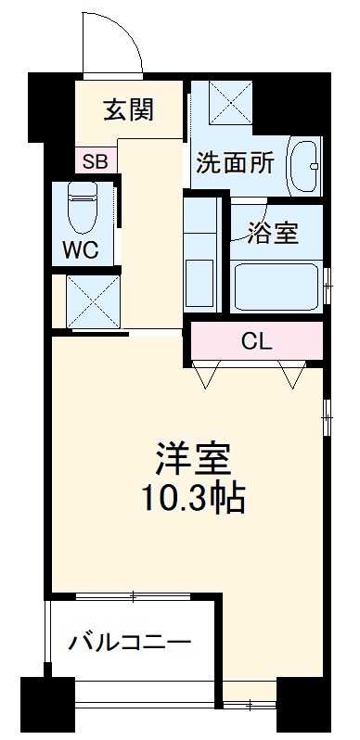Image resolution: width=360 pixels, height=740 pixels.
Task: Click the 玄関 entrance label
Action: click(x=128, y=111)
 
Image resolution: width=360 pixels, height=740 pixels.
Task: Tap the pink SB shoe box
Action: click(x=95, y=160)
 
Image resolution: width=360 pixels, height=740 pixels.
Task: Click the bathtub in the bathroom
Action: click(x=276, y=287)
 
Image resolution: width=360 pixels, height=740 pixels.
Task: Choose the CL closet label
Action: click(x=256, y=340)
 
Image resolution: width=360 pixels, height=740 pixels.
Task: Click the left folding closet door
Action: click(x=206, y=375)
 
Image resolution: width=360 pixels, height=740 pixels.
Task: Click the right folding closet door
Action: click(x=294, y=375)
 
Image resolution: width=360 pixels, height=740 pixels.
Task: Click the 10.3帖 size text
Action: click(x=192, y=500)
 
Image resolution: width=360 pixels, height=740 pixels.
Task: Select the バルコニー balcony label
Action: click(x=130, y=642)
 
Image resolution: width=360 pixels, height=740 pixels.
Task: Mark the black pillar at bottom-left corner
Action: click(x=46, y=708)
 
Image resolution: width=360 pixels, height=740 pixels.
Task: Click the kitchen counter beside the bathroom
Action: click(x=199, y=256)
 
